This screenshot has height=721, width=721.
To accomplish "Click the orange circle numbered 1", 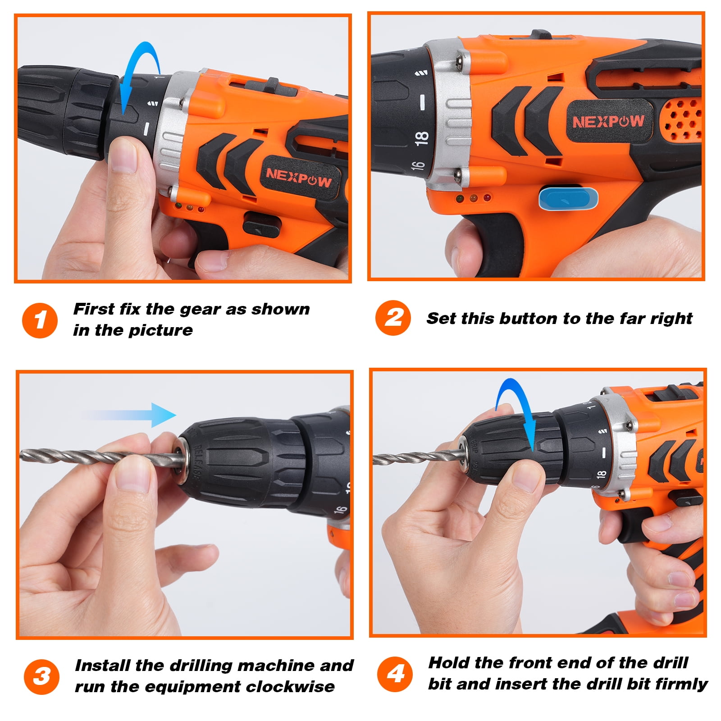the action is pos(40,320).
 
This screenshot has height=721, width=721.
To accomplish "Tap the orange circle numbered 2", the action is pos(393,318).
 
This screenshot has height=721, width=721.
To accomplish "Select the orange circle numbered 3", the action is pos(41,677).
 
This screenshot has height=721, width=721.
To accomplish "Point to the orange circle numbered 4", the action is pos(395,674).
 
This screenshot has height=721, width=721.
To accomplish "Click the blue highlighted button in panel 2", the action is pos(568,199).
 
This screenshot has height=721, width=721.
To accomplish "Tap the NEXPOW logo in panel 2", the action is pos(608,121).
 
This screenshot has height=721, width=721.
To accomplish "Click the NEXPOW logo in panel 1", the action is pos(298,178).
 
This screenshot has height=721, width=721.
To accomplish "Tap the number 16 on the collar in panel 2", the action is pos(418,165).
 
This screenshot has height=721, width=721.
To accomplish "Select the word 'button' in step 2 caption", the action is pos(528,319).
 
